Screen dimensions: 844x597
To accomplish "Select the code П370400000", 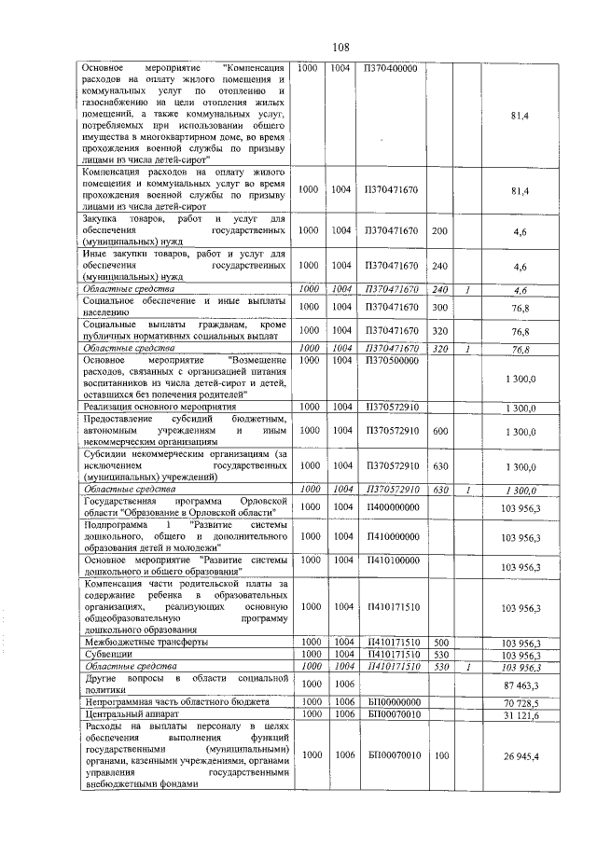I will coord(392,69).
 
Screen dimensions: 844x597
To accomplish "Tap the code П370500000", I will coord(392,359).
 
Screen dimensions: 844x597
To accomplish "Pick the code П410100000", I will coord(392,560).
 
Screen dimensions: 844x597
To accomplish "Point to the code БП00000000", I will coord(392,700).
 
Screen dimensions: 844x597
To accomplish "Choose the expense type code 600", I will coord(441,432).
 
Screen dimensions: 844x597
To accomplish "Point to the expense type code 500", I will coord(441,643).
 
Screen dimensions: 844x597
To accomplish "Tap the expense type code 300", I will coord(441,306).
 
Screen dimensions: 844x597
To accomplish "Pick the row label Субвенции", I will coord(108,656).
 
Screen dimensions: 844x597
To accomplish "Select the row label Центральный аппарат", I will coord(129,714).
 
